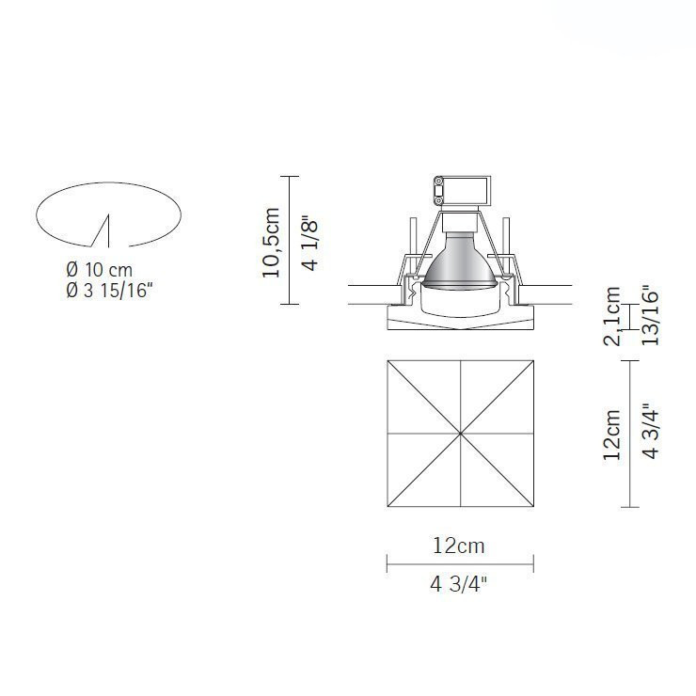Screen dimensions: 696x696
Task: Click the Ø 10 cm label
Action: (99, 270)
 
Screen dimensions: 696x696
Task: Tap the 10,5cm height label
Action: (271, 242)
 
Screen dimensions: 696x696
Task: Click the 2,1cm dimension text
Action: (612, 316)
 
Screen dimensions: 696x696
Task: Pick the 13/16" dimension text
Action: (648, 315)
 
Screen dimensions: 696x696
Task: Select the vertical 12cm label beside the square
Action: (612, 434)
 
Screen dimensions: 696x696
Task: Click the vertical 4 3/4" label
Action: (648, 433)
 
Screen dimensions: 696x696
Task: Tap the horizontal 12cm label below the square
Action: (459, 545)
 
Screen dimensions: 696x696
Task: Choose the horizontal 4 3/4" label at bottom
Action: (459, 584)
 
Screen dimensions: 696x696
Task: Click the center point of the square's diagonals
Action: (460, 435)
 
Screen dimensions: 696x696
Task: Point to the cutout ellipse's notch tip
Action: (109, 216)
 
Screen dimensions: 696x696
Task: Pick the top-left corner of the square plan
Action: (388, 361)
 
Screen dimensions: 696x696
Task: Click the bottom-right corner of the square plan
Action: (532, 507)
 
